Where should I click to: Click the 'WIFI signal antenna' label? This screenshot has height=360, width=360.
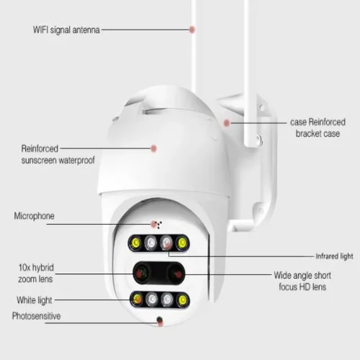(66, 30)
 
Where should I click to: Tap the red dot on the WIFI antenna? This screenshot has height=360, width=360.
(192, 30)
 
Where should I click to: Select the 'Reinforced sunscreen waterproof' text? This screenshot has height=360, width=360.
(58, 154)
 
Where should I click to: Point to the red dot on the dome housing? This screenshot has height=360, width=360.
(154, 148)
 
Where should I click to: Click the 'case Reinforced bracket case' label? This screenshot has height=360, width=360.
(318, 127)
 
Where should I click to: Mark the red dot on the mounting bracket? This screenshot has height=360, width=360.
(227, 123)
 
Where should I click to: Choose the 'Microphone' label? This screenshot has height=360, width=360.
(34, 216)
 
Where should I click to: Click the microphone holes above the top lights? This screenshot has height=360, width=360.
(158, 225)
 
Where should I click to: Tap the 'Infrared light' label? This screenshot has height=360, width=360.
(334, 256)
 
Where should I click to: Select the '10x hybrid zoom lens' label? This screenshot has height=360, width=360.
(36, 273)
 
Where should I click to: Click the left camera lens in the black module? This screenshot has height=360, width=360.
(141, 274)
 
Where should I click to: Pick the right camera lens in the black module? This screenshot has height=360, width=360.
(177, 274)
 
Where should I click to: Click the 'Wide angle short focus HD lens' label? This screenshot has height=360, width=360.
(302, 281)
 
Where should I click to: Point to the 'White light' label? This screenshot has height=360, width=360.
(35, 300)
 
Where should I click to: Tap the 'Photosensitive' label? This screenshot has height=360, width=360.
(36, 316)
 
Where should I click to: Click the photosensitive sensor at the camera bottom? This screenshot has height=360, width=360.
(159, 320)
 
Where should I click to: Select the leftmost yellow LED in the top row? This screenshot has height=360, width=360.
(135, 243)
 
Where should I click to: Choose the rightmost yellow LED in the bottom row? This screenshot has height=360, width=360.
(182, 300)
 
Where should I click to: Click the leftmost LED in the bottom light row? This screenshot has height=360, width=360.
(137, 299)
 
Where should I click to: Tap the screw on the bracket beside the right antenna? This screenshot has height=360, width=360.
(259, 139)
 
